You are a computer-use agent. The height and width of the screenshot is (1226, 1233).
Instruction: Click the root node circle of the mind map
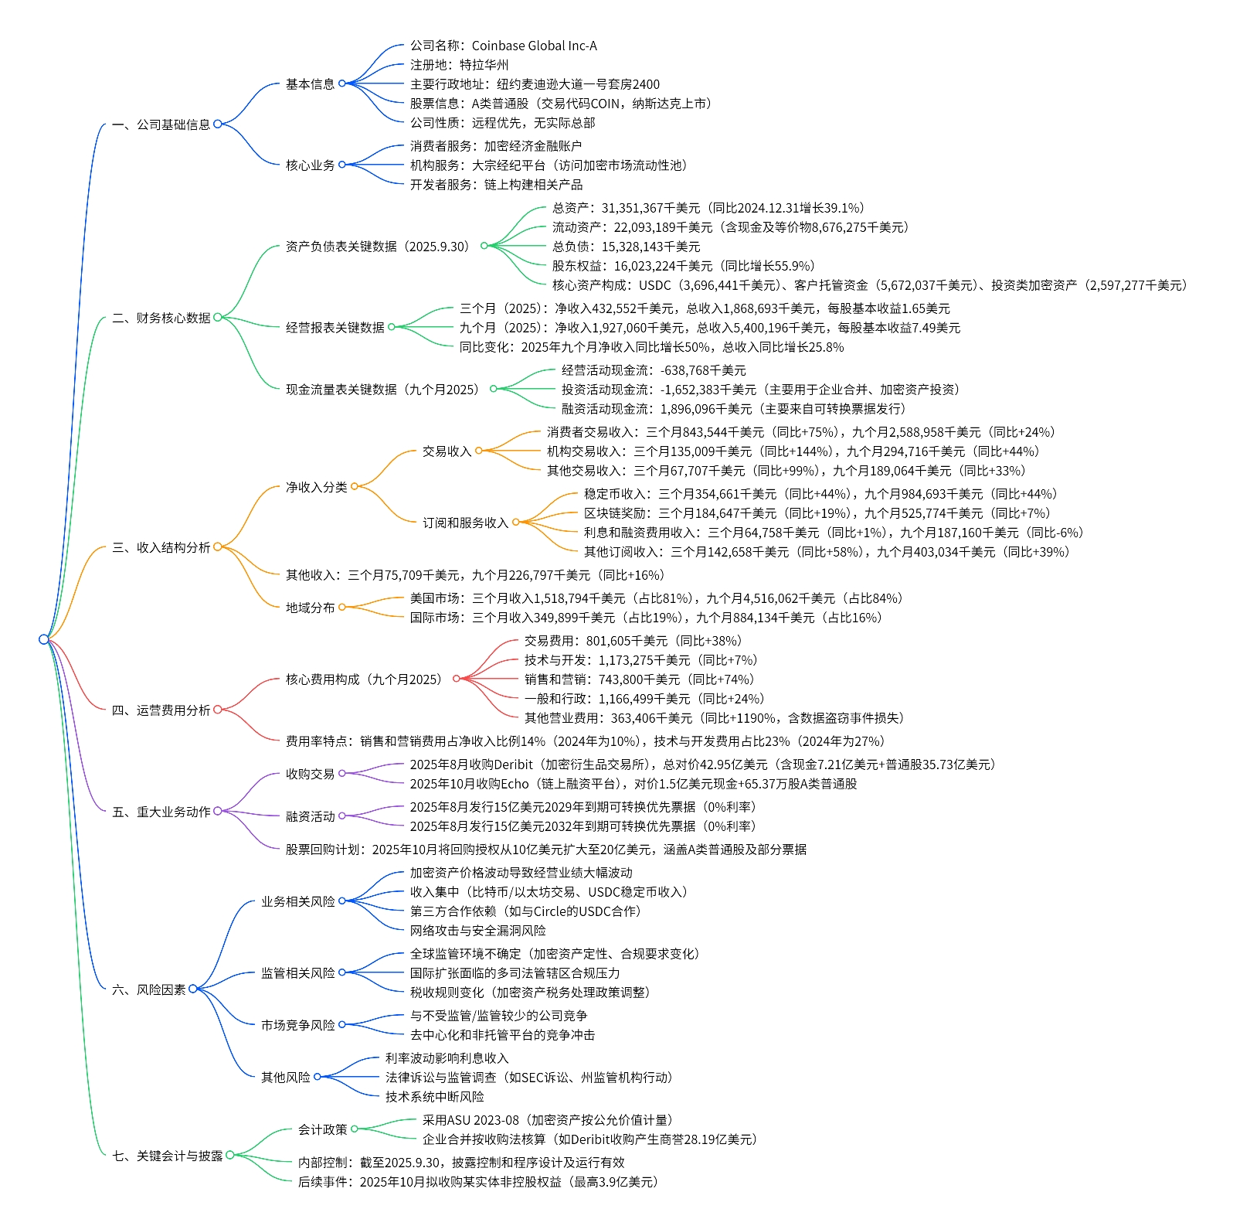pyautogui.click(x=44, y=639)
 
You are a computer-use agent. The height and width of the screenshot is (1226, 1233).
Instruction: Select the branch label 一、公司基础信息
pyautogui.click(x=161, y=124)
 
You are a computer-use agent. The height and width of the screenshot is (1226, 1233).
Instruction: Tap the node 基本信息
pyautogui.click(x=310, y=84)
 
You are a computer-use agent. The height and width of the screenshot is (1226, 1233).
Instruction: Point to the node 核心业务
pyautogui.click(x=310, y=165)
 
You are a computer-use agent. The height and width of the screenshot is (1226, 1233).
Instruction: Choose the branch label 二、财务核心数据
pyautogui.click(x=161, y=318)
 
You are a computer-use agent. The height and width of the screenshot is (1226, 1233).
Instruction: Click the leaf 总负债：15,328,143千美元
pyautogui.click(x=626, y=247)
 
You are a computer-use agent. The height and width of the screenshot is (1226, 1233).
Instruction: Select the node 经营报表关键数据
pyautogui.click(x=335, y=328)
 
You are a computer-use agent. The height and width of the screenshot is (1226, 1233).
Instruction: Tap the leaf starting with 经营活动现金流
pyautogui.click(x=654, y=370)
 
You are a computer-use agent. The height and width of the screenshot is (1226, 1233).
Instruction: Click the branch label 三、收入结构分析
pyautogui.click(x=161, y=548)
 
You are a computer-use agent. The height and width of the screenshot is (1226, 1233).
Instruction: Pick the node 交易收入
pyautogui.click(x=447, y=451)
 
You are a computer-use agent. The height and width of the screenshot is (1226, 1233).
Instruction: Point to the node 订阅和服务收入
pyautogui.click(x=465, y=523)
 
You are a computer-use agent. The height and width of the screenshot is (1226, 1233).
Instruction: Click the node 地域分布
pyautogui.click(x=310, y=608)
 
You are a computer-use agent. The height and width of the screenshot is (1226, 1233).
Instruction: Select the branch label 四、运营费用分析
pyautogui.click(x=161, y=710)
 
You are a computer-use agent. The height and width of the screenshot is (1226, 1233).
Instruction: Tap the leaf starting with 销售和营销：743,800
pyautogui.click(x=639, y=679)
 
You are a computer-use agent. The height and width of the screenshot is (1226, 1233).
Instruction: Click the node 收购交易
pyautogui.click(x=310, y=775)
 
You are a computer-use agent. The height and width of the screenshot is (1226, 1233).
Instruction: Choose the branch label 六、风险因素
pyautogui.click(x=148, y=989)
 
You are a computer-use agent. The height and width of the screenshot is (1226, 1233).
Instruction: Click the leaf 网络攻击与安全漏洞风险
pyautogui.click(x=477, y=931)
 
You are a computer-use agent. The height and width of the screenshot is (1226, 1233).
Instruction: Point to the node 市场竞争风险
pyautogui.click(x=297, y=1026)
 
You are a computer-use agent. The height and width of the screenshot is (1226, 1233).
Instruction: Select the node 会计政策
pyautogui.click(x=322, y=1130)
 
